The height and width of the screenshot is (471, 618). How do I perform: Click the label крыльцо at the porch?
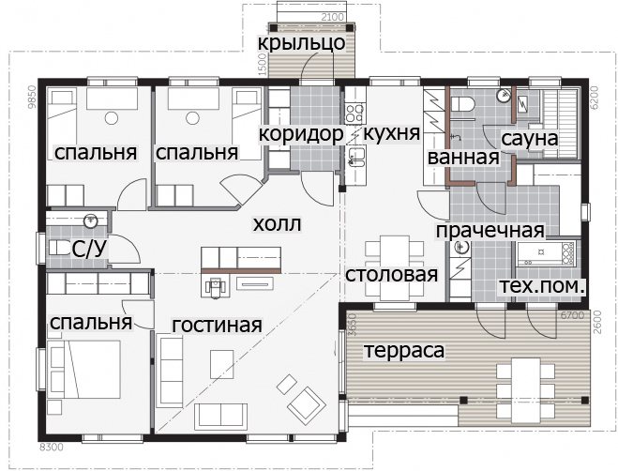click(302, 43)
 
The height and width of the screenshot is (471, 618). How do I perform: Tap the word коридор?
click(301, 134)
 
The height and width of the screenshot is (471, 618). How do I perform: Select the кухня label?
click(391, 133)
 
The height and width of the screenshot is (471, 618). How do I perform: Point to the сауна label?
click(530, 139)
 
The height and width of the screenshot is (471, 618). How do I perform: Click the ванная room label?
click(463, 158)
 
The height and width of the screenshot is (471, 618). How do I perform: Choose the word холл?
click(277, 224)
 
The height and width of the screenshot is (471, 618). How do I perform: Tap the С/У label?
click(89, 250)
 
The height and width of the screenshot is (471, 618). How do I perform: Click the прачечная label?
click(490, 231)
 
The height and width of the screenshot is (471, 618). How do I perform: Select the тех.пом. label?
click(541, 286)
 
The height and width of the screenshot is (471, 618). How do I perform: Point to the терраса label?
click(403, 350)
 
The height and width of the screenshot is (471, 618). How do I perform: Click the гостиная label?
click(218, 325)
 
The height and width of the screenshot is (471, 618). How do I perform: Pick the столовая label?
click(392, 275)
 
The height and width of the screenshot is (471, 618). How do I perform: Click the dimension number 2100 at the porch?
click(333, 17)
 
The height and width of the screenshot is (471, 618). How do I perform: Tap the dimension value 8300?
click(52, 447)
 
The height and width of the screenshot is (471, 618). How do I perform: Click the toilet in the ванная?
click(462, 105)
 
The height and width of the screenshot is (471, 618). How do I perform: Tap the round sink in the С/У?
click(91, 220)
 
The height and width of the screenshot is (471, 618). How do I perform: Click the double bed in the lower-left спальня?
click(84, 370)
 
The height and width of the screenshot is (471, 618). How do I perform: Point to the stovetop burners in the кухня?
click(354, 113)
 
